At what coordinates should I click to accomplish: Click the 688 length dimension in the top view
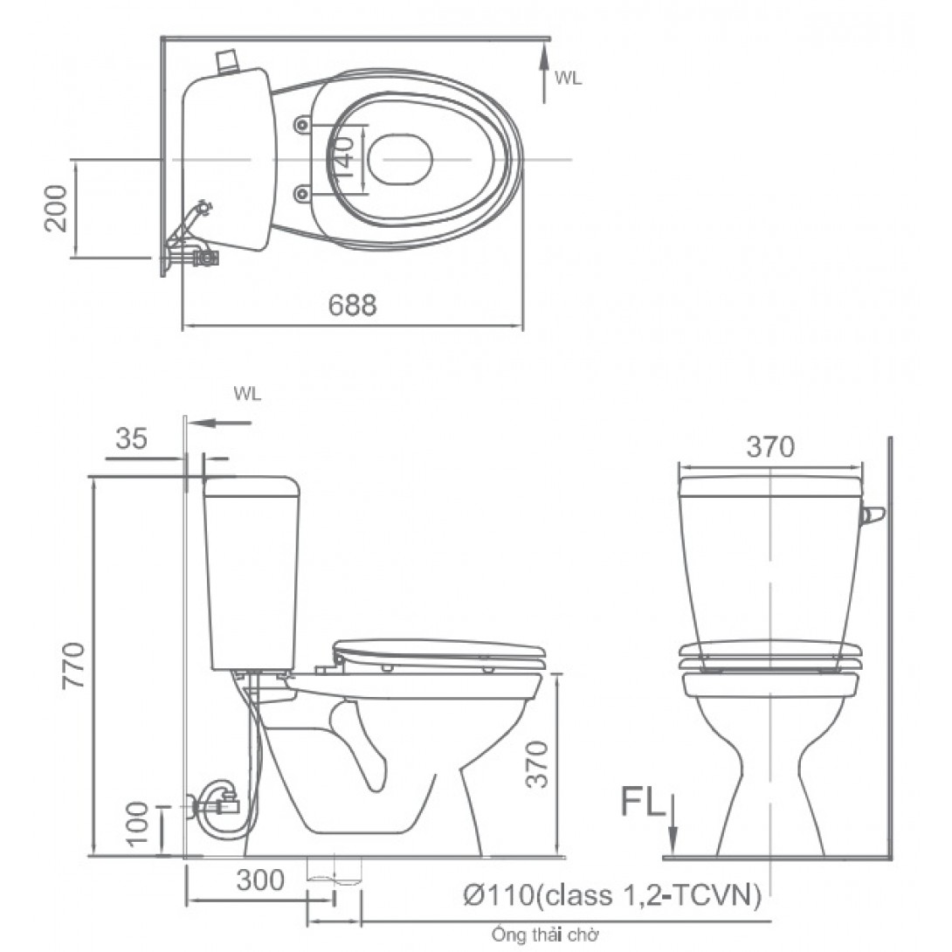click(x=353, y=305)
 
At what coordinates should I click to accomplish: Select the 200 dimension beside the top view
click(x=57, y=208)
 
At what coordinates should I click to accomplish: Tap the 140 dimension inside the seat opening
click(x=345, y=158)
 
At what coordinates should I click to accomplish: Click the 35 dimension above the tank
click(x=131, y=439)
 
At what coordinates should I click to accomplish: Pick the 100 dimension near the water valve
click(x=138, y=825)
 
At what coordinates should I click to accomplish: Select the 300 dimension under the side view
click(x=260, y=880)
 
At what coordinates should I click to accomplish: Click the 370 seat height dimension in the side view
click(x=539, y=764)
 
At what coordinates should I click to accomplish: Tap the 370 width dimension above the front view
click(x=770, y=447)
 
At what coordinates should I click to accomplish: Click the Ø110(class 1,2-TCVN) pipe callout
click(x=613, y=894)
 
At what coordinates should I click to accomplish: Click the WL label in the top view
click(x=568, y=78)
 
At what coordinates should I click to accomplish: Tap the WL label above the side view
click(x=247, y=394)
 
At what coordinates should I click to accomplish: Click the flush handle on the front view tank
click(x=872, y=516)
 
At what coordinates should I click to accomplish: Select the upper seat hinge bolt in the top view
click(x=302, y=125)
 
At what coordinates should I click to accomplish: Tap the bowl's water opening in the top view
click(x=400, y=159)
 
